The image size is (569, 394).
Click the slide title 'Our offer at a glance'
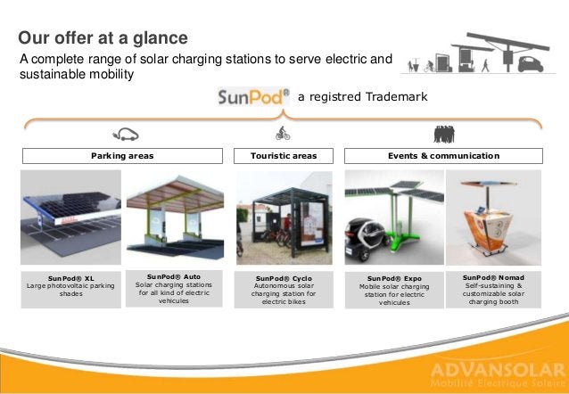pos(103,38)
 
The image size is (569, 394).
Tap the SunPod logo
pos(253,95)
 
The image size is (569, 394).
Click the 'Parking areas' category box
pos(122,156)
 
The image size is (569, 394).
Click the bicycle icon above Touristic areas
pos(283,134)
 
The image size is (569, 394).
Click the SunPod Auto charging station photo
pos(173,214)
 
